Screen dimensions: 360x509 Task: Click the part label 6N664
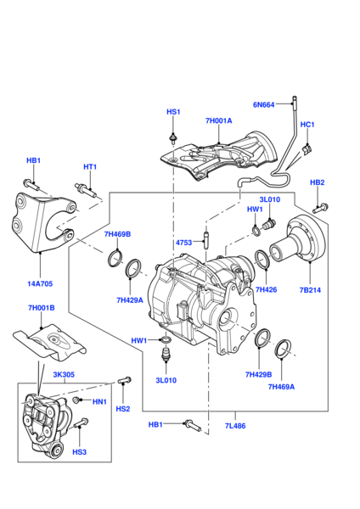coord(263,105)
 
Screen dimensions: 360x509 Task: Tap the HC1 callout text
coord(307,125)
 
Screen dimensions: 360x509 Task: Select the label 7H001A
coord(219,120)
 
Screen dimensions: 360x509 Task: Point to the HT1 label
coord(90,167)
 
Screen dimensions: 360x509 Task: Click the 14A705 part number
coord(40,283)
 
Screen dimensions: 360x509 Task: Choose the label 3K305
coord(64,375)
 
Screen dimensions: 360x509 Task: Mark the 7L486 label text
coord(235,426)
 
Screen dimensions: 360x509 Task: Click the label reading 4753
coord(183,243)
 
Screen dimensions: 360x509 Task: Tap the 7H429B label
coord(258,375)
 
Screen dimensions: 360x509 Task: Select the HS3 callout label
coord(79,452)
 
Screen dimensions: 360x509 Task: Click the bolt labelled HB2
coord(320,208)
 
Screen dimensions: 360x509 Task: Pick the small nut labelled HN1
coord(76,400)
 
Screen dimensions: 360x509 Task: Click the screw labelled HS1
coord(173,139)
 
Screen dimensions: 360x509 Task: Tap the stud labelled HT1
coord(86,190)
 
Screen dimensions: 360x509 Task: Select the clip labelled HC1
coord(307,148)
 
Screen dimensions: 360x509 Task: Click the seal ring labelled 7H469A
coord(283,348)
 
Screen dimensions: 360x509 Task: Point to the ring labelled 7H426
coord(262,260)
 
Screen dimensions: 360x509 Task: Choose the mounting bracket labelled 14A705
coord(43,221)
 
